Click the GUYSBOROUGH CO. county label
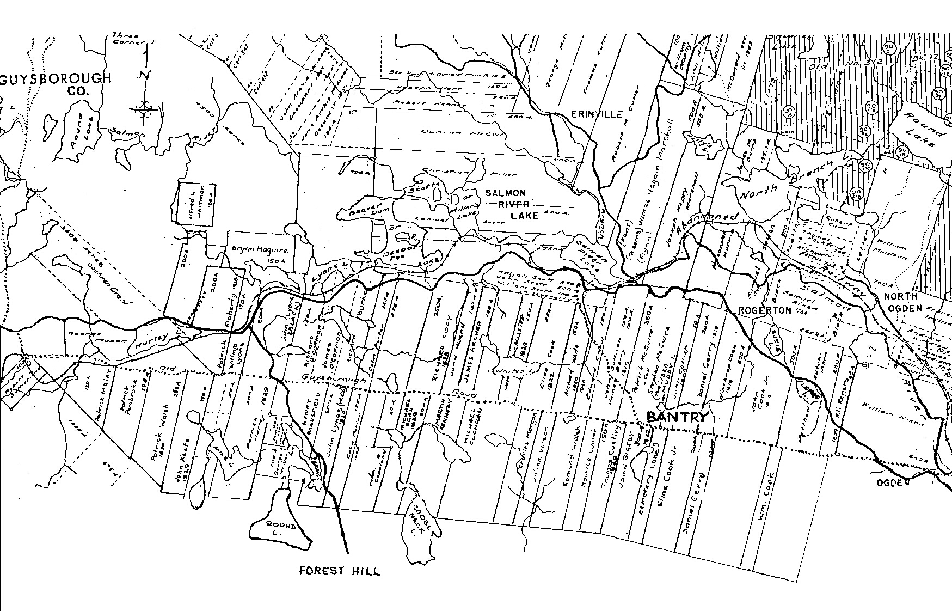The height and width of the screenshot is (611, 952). pos(57,84)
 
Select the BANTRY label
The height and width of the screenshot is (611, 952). pos(677,417)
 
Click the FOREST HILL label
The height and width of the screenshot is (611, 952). pos(340,571)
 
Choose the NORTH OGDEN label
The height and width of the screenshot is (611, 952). pos(901,303)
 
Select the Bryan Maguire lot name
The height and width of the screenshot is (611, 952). pos(255,250)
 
